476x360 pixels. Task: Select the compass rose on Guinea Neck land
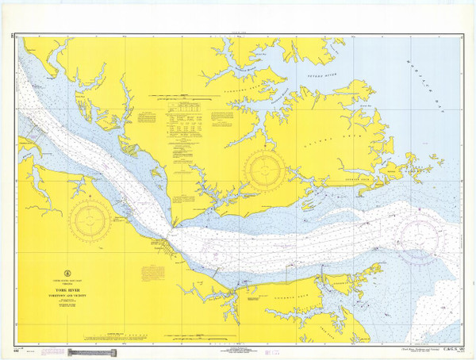[261, 167]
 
